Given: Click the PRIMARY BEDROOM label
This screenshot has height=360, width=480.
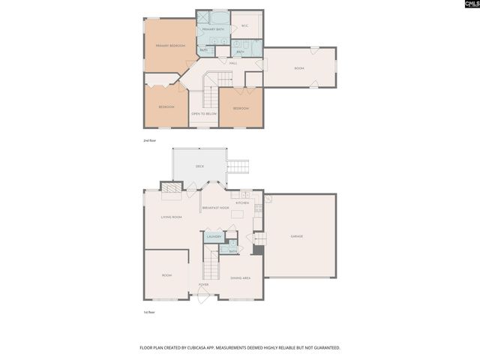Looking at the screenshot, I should click(x=170, y=46).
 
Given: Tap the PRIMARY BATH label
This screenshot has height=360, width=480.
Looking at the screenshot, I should click(x=213, y=29).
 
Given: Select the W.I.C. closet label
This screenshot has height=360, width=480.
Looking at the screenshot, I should click(x=245, y=26).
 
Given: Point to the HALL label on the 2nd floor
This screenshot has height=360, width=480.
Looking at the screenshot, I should click(x=233, y=63).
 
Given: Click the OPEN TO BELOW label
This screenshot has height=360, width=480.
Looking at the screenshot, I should click(x=203, y=113).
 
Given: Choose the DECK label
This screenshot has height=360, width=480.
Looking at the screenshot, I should click(x=199, y=166).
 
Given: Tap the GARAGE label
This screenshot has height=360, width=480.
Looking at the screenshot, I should click(x=297, y=236).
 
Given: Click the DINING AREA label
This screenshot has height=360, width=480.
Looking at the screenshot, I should click(x=240, y=277).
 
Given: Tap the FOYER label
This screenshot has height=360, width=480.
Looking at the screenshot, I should click(x=203, y=284).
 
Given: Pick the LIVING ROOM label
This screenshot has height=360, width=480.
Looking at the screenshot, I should click(x=171, y=217).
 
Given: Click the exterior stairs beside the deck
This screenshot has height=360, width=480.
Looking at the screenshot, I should click(x=238, y=166).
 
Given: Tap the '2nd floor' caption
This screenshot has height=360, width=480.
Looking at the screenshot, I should click(x=150, y=140).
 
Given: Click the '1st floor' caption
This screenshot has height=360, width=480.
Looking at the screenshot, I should click(x=150, y=312).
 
